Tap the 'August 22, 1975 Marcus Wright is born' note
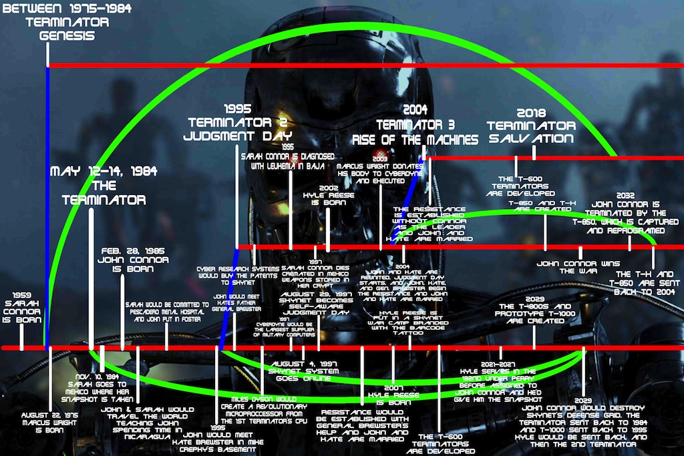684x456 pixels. (51, 422)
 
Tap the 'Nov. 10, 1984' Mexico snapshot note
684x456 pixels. (101, 385)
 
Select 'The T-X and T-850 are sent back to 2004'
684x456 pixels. (647, 283)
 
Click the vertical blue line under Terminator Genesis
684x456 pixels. (47, 200)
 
